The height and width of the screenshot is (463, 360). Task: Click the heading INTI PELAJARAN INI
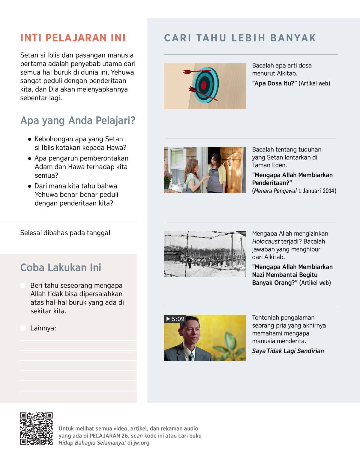click(x=73, y=38)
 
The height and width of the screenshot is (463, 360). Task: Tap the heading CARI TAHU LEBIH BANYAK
click(x=240, y=38)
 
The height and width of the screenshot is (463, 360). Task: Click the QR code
click(x=36, y=428)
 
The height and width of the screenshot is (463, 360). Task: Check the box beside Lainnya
click(x=23, y=328)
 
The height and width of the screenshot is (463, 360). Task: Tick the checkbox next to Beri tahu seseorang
click(x=23, y=285)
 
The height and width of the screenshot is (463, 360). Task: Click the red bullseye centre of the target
click(x=204, y=85)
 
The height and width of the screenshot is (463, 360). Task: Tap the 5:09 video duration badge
click(x=175, y=319)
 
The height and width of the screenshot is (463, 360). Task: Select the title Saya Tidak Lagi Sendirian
click(x=288, y=351)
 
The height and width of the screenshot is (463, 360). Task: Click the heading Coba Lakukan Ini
click(x=61, y=267)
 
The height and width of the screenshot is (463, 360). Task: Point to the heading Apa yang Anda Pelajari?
click(x=78, y=120)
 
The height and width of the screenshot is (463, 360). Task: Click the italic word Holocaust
click(x=266, y=241)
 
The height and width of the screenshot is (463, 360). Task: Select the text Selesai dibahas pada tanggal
click(x=65, y=233)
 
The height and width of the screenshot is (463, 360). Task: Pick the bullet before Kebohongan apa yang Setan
click(x=29, y=139)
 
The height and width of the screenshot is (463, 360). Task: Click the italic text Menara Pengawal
click(x=275, y=191)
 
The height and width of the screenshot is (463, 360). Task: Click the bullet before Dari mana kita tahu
click(x=29, y=186)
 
